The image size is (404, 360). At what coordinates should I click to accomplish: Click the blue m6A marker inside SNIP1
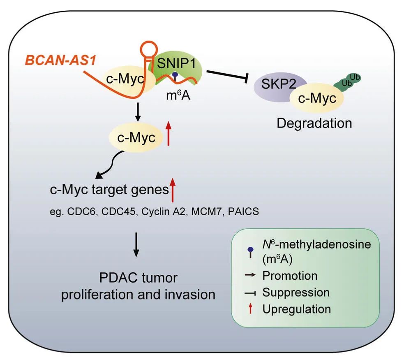point(175,76)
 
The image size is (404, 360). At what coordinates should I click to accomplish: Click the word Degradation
point(314,123)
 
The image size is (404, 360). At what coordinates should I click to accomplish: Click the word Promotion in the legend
point(290,275)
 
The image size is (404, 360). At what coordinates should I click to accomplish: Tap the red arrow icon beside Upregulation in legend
point(250,309)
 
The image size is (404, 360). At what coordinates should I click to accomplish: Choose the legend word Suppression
point(295,292)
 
